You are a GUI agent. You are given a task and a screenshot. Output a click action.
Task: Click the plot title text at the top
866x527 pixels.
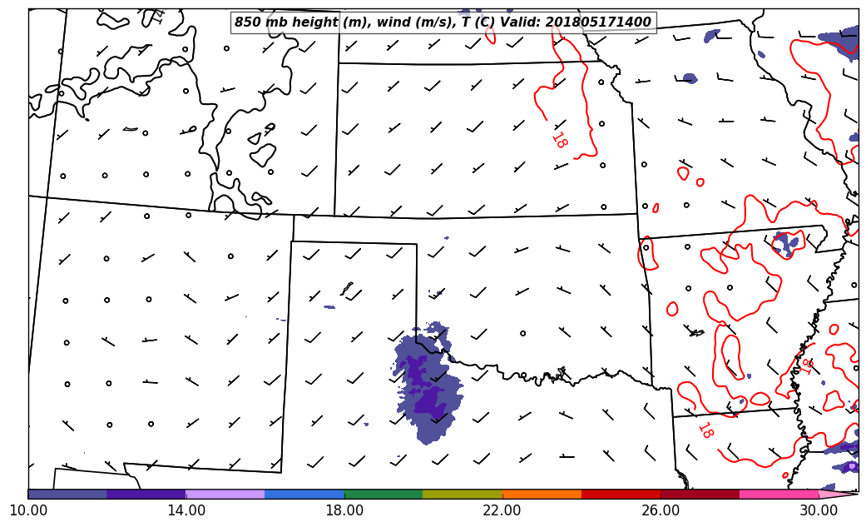(443, 22)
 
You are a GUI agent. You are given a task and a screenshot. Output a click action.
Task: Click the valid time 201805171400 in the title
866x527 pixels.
(598, 22)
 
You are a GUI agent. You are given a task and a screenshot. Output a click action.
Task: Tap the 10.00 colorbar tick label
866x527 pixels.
(28, 510)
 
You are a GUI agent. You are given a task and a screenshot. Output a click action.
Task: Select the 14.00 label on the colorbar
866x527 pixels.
(186, 510)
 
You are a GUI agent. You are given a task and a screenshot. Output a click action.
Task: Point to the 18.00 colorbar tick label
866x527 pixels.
(344, 510)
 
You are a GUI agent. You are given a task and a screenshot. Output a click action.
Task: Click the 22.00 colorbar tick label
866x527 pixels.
(502, 510)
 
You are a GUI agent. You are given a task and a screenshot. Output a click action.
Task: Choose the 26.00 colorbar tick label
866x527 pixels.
(661, 510)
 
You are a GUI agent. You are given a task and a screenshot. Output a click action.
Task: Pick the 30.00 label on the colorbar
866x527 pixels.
(819, 510)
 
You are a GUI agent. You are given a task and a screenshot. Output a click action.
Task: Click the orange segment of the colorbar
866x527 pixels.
(542, 494)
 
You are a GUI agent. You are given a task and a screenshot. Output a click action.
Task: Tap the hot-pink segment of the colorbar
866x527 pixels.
(779, 494)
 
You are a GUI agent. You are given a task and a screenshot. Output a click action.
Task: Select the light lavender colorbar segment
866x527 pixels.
(225, 494)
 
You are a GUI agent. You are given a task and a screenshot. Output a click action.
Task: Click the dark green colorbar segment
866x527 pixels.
(384, 494)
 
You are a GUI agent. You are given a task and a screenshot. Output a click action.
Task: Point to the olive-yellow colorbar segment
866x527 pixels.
(463, 494)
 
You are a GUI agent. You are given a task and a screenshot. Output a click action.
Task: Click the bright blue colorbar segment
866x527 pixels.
(304, 494)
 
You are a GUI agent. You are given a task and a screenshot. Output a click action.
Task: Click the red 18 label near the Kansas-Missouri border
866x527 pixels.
(559, 140)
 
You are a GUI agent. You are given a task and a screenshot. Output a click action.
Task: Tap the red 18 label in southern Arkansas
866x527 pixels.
(705, 430)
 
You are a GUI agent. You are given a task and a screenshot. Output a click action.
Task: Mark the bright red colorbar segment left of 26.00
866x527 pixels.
(621, 494)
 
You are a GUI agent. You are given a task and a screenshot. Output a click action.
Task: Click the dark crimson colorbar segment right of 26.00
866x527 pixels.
(700, 494)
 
